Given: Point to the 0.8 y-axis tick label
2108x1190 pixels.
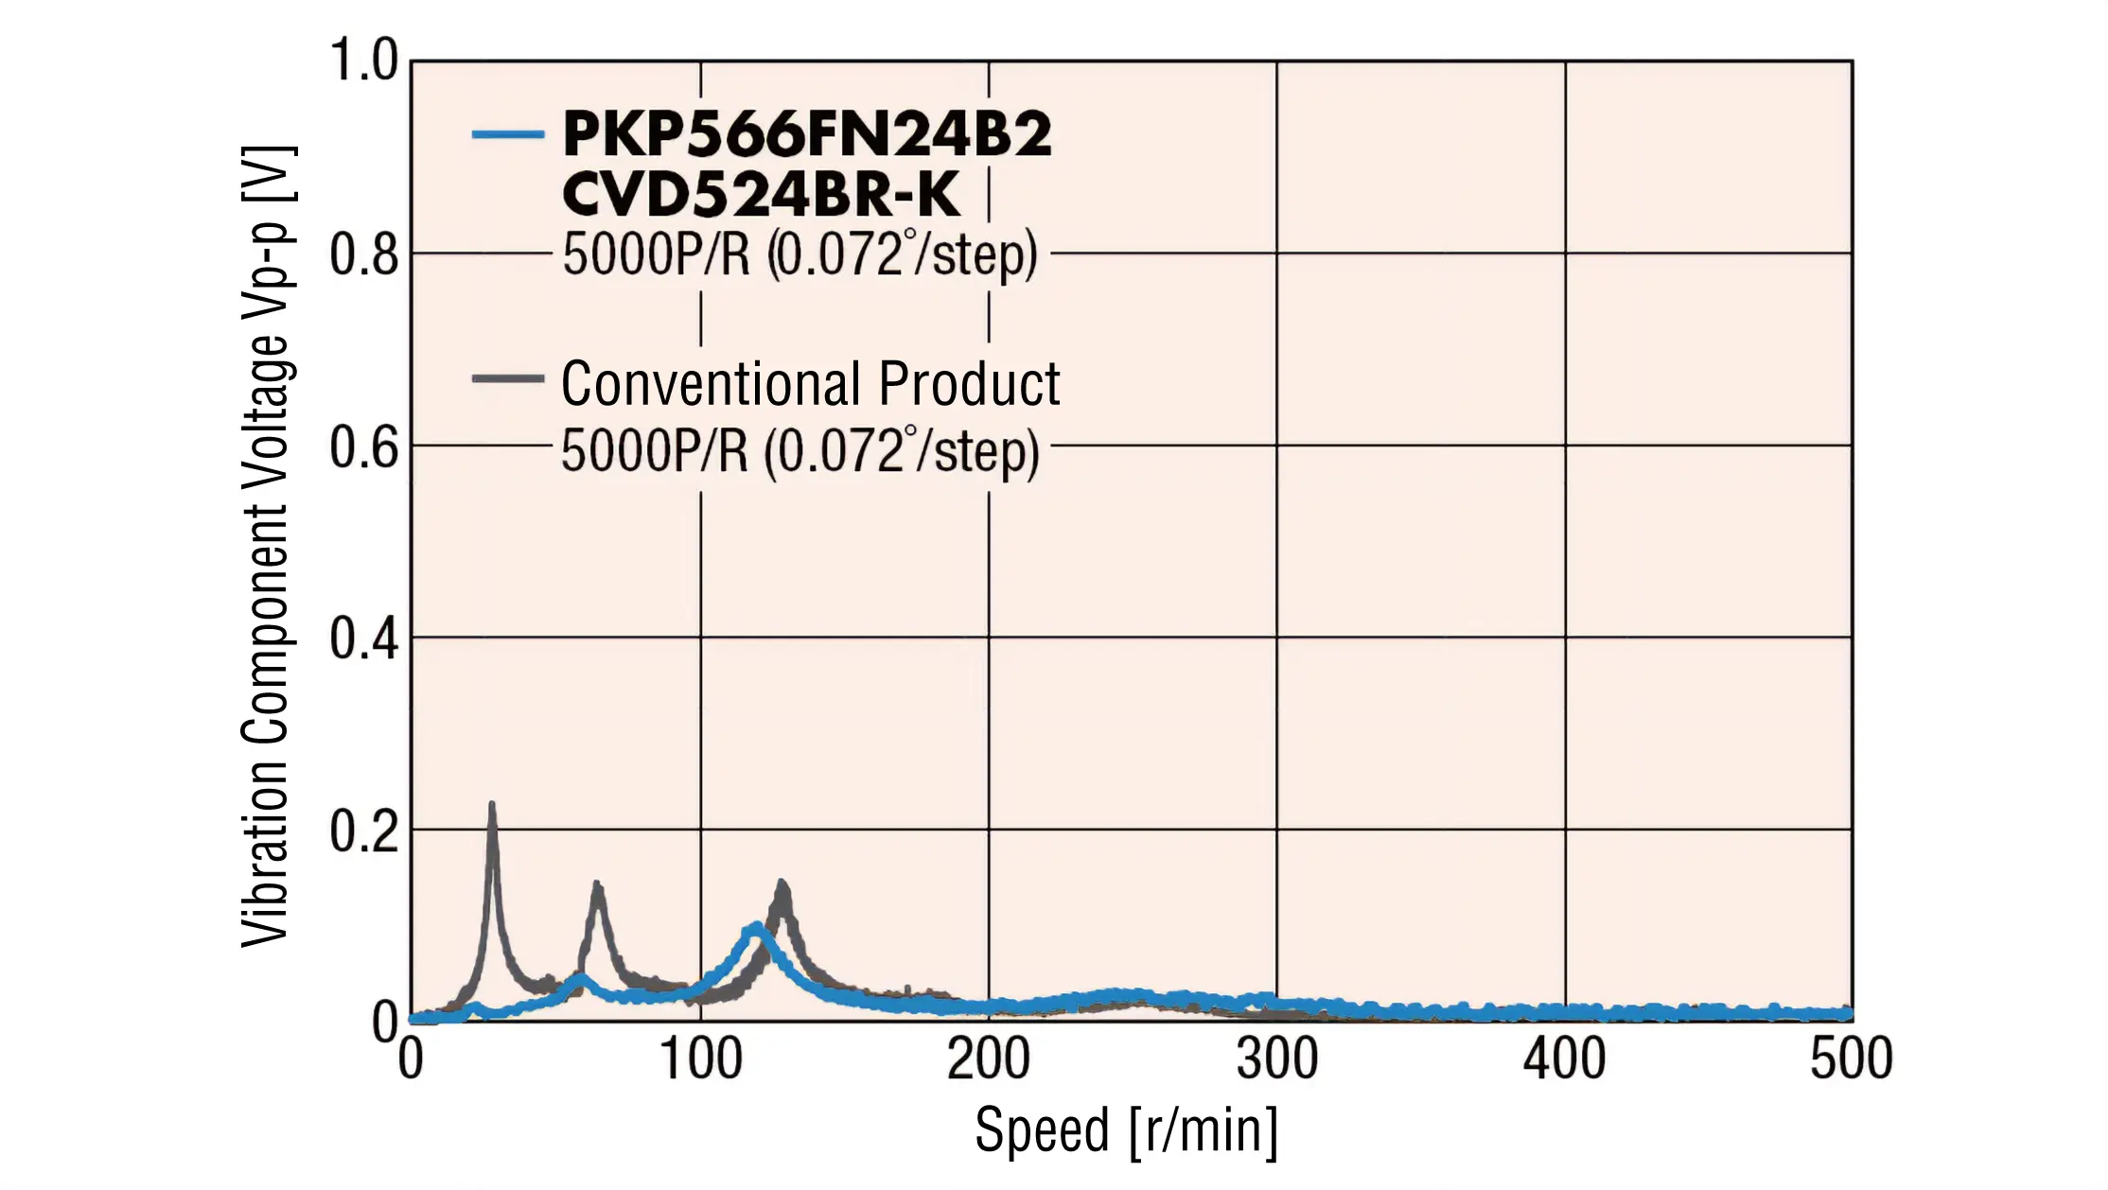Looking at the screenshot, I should tap(363, 255).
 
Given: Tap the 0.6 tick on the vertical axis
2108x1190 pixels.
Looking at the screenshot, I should tap(363, 447).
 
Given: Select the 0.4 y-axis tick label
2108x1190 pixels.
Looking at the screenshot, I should tap(363, 639).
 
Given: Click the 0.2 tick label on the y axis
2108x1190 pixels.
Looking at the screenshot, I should tap(363, 832).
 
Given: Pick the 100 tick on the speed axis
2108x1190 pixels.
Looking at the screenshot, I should tap(700, 1059).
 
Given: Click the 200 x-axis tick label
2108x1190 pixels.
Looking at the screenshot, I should tap(989, 1059).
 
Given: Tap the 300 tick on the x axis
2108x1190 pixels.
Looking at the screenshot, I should tap(1277, 1059).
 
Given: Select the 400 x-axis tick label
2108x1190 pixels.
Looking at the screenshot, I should tap(1565, 1059).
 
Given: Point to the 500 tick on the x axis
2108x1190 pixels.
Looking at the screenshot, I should tap(1852, 1059).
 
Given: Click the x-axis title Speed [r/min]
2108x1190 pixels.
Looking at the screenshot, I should tap(1126, 1130).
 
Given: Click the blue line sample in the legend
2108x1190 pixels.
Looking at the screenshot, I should tap(508, 135).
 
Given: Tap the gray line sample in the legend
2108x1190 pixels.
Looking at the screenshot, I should tap(508, 379).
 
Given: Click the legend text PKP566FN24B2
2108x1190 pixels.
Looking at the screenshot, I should tap(806, 134).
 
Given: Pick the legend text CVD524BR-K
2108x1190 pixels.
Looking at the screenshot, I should tap(761, 195).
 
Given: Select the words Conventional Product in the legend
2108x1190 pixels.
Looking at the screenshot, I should tap(810, 384).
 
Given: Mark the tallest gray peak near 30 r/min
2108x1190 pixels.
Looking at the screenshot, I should tap(492, 806).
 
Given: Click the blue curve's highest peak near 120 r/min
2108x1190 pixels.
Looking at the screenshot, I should tap(756, 927).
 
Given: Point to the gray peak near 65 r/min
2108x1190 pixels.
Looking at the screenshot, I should tap(597, 886).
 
